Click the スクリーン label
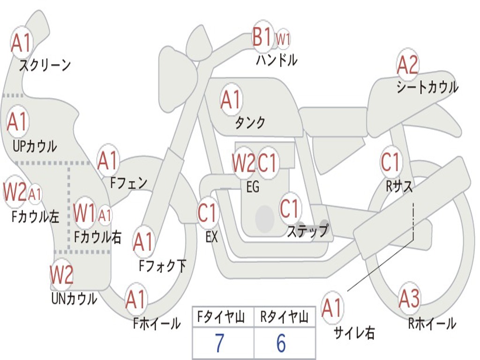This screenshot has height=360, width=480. [x=45, y=65]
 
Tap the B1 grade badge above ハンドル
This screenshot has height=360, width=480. [x=262, y=37]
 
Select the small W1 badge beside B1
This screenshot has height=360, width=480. [x=283, y=39]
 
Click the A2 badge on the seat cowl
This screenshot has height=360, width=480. [x=407, y=65]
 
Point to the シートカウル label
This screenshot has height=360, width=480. [x=427, y=87]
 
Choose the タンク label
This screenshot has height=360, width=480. [x=250, y=122]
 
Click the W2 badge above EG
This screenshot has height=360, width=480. [x=243, y=163]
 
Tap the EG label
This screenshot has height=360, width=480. [x=252, y=187]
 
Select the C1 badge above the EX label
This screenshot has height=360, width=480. [x=208, y=213]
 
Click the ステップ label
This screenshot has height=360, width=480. [x=307, y=231]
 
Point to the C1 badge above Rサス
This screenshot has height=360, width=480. [x=390, y=162]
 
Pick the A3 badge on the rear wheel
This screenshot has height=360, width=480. [x=409, y=299]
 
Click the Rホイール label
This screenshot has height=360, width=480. [x=432, y=323]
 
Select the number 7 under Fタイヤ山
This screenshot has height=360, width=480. [x=219, y=344]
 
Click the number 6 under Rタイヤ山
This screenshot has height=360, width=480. [x=281, y=344]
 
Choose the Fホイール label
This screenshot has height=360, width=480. [x=157, y=323]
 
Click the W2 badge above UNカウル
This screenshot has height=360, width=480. [x=61, y=275]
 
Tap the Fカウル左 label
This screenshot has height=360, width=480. [x=35, y=217]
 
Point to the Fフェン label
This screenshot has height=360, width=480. [x=128, y=183]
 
